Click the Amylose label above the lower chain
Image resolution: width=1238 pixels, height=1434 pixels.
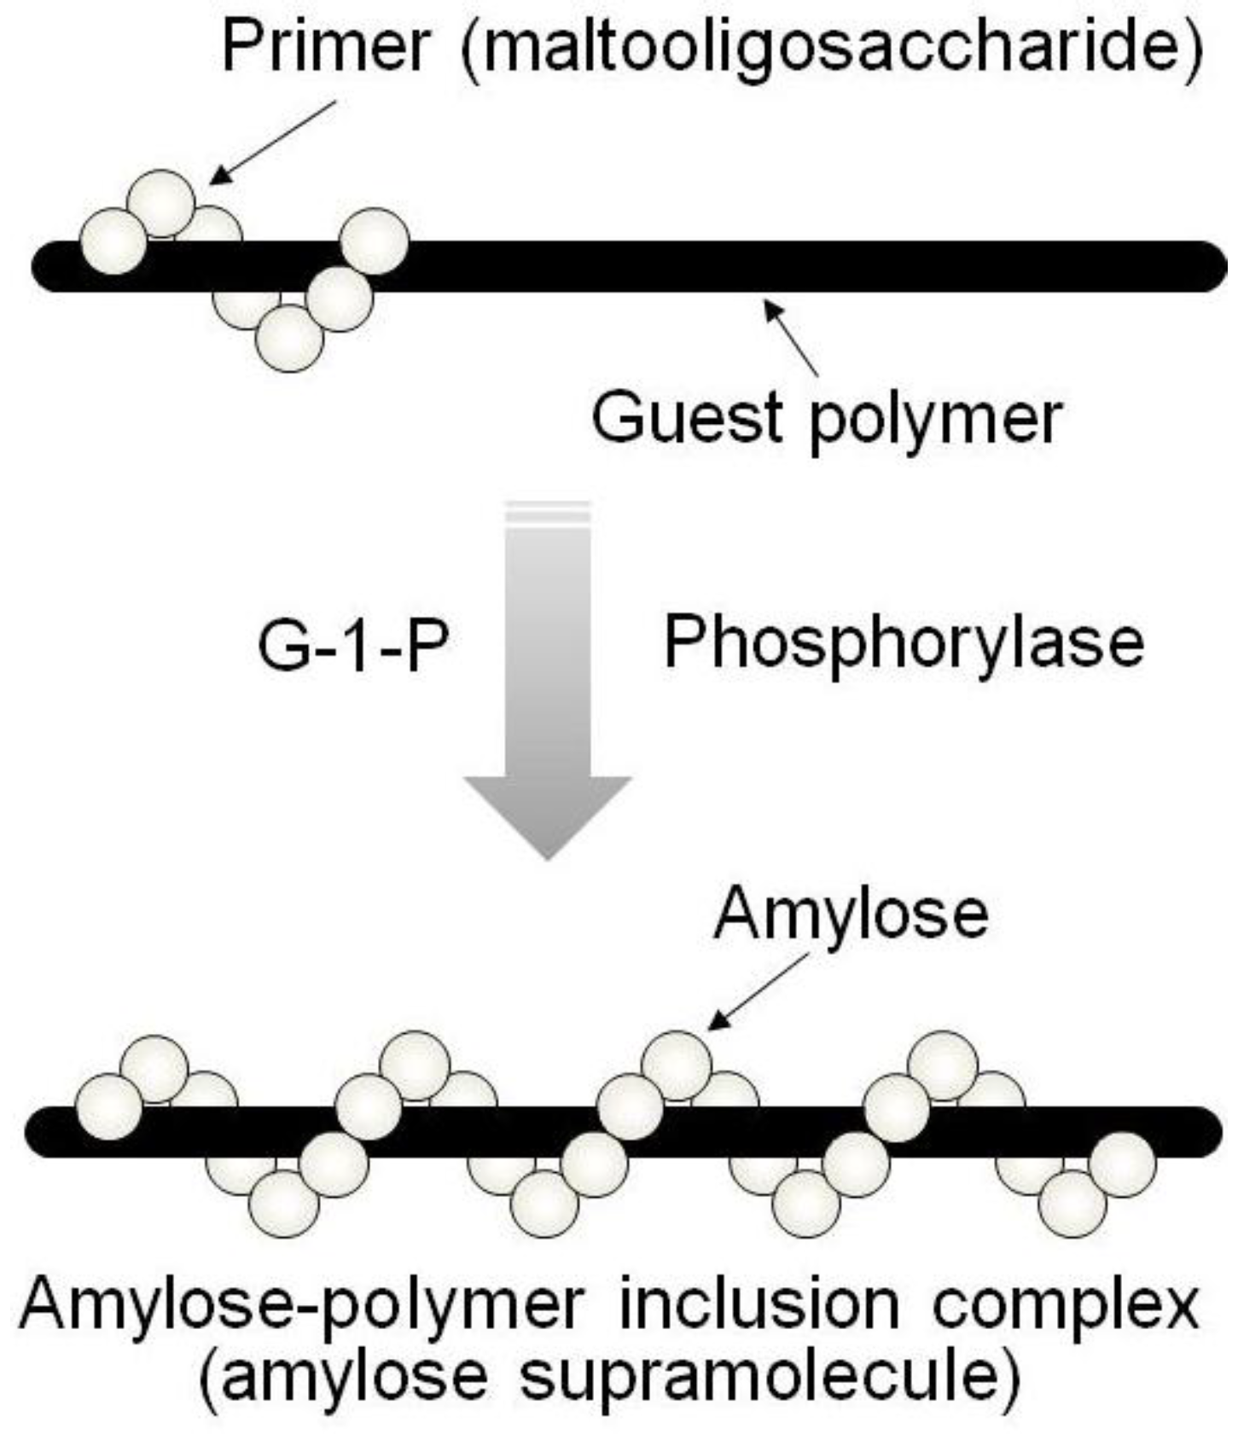pos(851,914)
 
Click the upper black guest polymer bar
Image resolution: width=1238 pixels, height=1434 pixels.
pos(768,266)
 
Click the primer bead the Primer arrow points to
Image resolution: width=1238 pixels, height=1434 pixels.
pos(161,203)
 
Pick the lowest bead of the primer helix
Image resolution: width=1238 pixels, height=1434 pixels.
pos(290,339)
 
